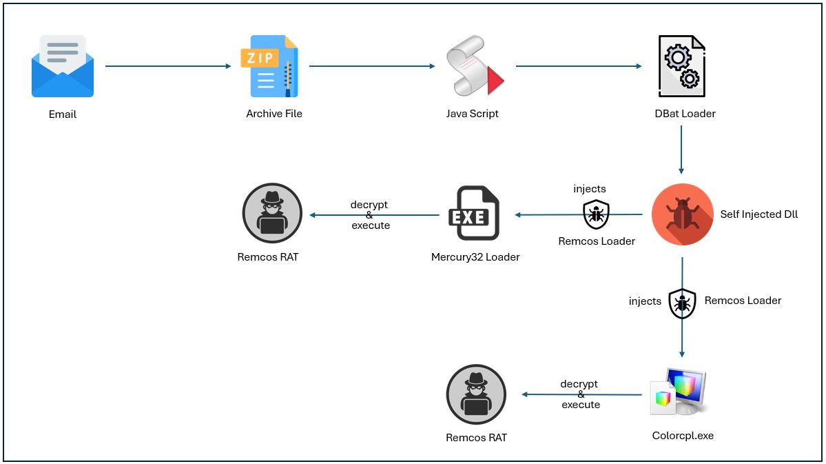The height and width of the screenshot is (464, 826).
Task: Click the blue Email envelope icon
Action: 63,66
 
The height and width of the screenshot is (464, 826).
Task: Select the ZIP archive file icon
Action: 270,66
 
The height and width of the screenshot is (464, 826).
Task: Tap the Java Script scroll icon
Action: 474,68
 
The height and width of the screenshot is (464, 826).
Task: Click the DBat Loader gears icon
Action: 681,66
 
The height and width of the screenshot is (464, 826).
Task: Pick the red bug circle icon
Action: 682,214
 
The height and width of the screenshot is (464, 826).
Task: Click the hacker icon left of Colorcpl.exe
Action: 476,394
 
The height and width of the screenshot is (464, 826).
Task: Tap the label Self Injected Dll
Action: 758,214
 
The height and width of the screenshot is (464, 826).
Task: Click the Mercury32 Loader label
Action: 475,257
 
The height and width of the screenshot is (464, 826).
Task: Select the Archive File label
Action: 274,114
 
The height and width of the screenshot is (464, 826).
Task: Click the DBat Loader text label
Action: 685,114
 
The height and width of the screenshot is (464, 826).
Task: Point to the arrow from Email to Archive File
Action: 168,66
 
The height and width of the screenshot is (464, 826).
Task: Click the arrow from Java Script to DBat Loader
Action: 579,66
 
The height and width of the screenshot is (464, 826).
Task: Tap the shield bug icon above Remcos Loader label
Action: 597,214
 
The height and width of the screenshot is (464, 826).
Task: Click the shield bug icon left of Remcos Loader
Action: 682,303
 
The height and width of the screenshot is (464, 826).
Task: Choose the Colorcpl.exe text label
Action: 683,436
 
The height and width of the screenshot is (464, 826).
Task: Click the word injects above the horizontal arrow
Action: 590,189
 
